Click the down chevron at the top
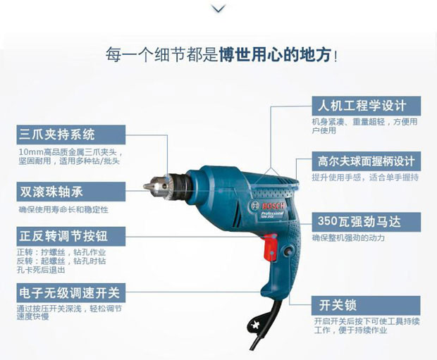click(x=218, y=9)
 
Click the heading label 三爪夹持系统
click(x=71, y=135)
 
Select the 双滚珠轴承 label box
click(x=71, y=192)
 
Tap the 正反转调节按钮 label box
click(x=71, y=236)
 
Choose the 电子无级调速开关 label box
click(x=71, y=293)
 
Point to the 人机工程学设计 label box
click(x=367, y=106)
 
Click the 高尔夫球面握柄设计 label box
click(x=367, y=161)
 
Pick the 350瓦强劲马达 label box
click(x=367, y=222)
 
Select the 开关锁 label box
click(x=366, y=306)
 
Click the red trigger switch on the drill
click(x=270, y=248)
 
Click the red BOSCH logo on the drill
click(x=273, y=206)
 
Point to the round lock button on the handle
click(x=288, y=251)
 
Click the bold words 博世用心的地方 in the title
click(x=275, y=54)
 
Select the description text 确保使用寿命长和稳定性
click(x=63, y=209)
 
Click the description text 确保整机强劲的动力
click(x=348, y=237)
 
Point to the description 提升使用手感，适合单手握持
click(x=365, y=178)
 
